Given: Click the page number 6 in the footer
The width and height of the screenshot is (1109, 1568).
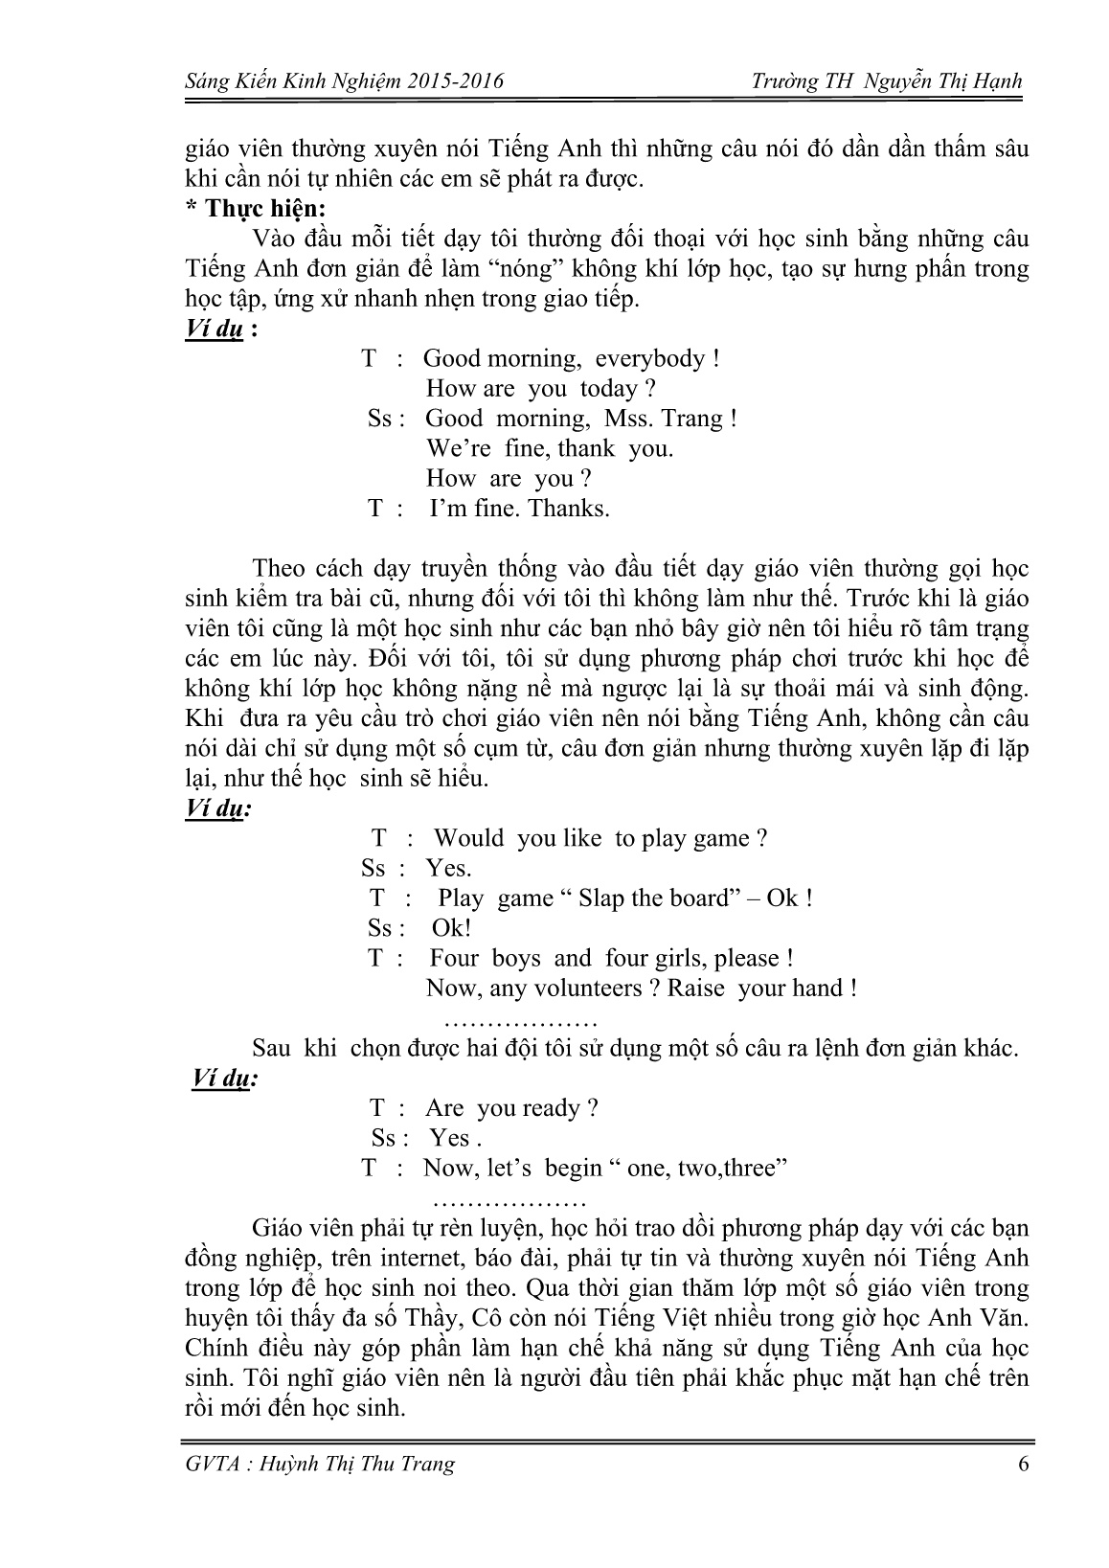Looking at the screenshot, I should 1024,1464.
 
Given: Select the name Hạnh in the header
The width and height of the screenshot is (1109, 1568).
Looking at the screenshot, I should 997,82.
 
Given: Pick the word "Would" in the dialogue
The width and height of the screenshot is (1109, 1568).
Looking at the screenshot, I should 468,838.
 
